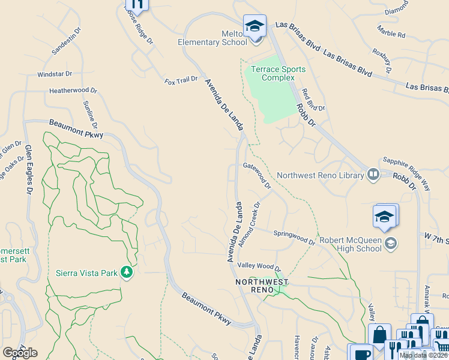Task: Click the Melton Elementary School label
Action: tap(212, 38)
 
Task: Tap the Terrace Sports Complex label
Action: tap(278, 74)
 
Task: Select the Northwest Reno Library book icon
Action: tap(373, 175)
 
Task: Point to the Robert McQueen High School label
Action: tap(351, 244)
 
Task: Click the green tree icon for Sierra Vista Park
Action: tap(127, 273)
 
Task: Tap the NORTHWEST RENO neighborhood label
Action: tap(262, 286)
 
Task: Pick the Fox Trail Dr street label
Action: tap(181, 79)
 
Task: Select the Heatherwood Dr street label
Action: tap(73, 91)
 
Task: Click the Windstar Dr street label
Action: tap(55, 74)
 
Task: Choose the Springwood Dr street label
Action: tap(294, 237)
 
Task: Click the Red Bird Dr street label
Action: tap(313, 100)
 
